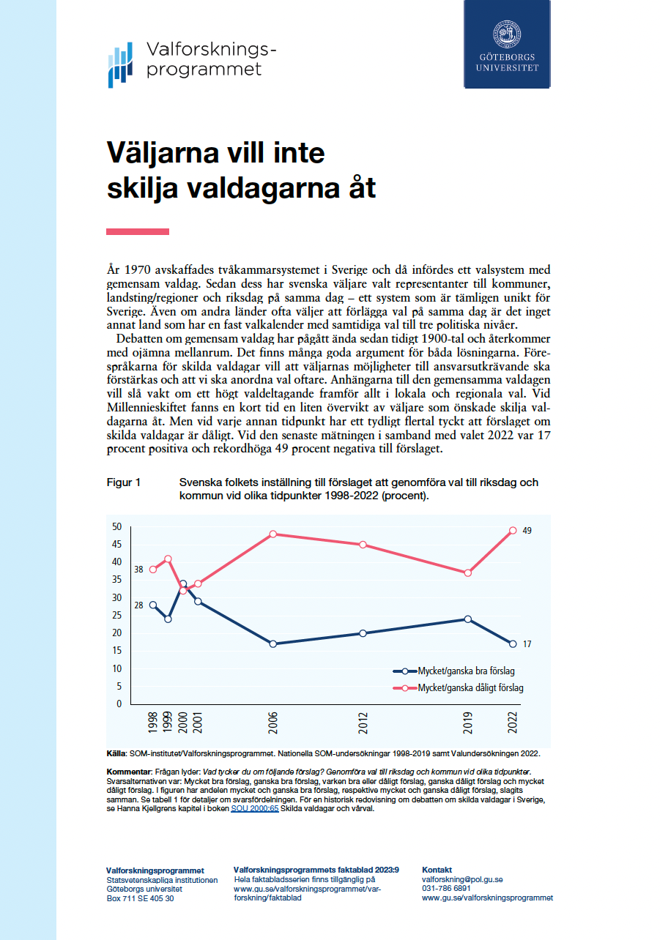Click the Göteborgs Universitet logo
pyautogui.click(x=507, y=44)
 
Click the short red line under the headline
pyautogui.click(x=138, y=231)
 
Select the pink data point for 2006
pyautogui.click(x=273, y=534)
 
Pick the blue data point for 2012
pyautogui.click(x=363, y=633)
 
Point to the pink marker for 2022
pyautogui.click(x=513, y=531)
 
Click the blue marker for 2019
pyautogui.click(x=467, y=619)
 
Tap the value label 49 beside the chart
pyautogui.click(x=527, y=530)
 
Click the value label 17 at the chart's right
pyautogui.click(x=527, y=644)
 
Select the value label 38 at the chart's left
pyautogui.click(x=138, y=569)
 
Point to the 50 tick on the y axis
pyautogui.click(x=116, y=526)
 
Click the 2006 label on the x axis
pyautogui.click(x=273, y=723)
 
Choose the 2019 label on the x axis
pyautogui.click(x=468, y=723)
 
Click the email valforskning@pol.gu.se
pyautogui.click(x=461, y=880)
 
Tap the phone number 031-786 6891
pyautogui.click(x=446, y=889)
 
